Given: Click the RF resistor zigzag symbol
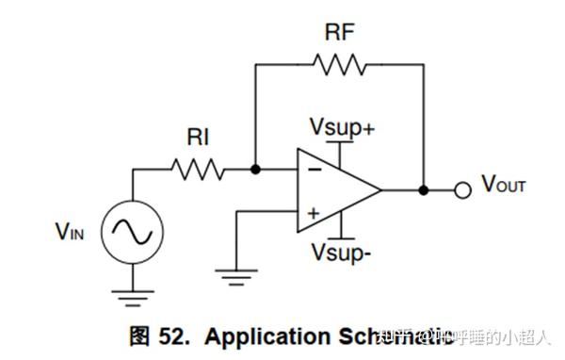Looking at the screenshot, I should click(339, 64).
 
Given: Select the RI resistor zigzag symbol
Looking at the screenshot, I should click(198, 171).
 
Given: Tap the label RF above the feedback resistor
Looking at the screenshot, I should click(338, 32).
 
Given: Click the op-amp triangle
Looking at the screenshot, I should click(334, 190).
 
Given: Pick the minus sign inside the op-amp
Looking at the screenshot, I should click(312, 172).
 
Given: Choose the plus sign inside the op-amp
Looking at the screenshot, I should click(312, 212).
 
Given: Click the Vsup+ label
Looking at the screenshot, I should click(341, 126).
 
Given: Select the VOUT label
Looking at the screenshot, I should click(504, 186).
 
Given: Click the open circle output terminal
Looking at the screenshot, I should click(461, 190).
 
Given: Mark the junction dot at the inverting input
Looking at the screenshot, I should click(255, 171).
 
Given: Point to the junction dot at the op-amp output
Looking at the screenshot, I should click(424, 190).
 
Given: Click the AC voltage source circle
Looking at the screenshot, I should click(133, 230).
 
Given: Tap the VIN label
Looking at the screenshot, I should click(70, 230).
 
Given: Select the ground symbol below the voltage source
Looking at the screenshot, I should click(133, 297).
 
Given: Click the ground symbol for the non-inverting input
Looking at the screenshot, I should click(235, 274).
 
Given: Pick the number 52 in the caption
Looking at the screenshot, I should click(175, 337).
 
